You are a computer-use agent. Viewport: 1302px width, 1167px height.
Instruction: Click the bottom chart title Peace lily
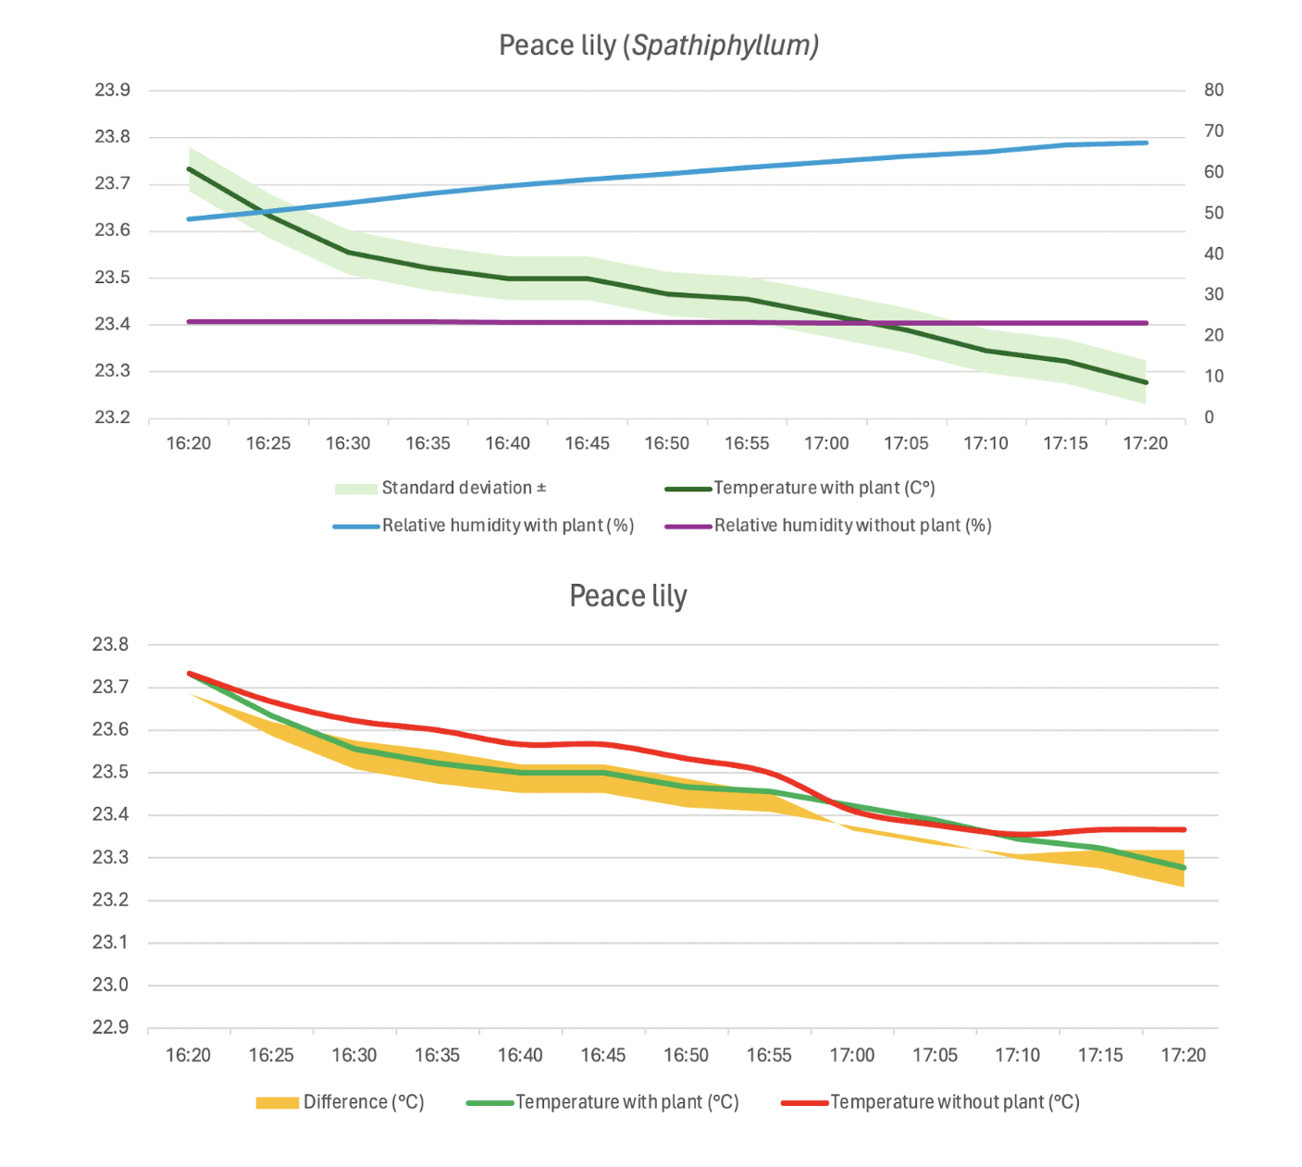pyautogui.click(x=628, y=596)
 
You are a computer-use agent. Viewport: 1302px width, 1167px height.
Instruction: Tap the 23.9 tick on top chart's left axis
pyautogui.click(x=112, y=90)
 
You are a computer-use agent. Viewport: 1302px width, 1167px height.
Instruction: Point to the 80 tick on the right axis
pyautogui.click(x=1213, y=90)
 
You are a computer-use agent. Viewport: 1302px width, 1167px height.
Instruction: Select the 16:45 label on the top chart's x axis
pyautogui.click(x=587, y=443)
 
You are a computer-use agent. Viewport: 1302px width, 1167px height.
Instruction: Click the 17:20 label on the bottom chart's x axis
pyautogui.click(x=1183, y=1055)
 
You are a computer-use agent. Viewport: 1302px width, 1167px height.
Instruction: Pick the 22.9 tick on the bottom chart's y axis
pyautogui.click(x=110, y=1027)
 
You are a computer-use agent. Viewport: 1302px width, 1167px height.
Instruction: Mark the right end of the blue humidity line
pyautogui.click(x=1147, y=143)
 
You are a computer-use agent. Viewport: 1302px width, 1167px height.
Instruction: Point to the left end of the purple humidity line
pyautogui.click(x=189, y=322)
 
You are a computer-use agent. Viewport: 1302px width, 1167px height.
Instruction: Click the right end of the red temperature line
pyautogui.click(x=1184, y=829)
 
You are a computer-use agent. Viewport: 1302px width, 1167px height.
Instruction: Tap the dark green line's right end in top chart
pyautogui.click(x=1147, y=382)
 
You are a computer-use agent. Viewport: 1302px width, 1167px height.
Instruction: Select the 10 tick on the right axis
pyautogui.click(x=1213, y=377)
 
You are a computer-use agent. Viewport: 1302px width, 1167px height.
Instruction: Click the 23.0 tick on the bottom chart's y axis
pyautogui.click(x=110, y=985)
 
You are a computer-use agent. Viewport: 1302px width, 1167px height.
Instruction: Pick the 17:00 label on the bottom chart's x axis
pyautogui.click(x=851, y=1055)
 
